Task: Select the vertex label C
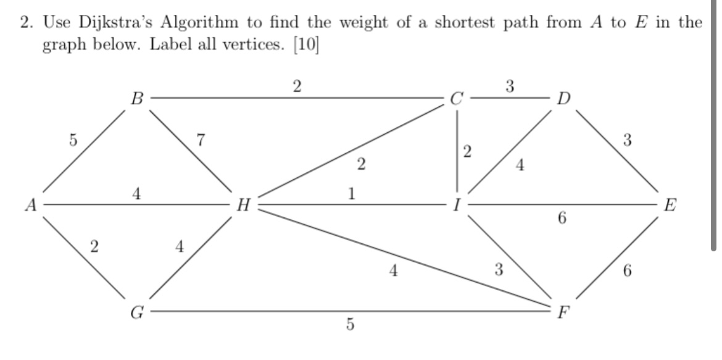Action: click(457, 98)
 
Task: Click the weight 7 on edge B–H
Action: click(199, 140)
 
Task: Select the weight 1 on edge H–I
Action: click(351, 194)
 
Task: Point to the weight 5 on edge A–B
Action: click(73, 141)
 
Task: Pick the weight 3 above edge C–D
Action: click(510, 85)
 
